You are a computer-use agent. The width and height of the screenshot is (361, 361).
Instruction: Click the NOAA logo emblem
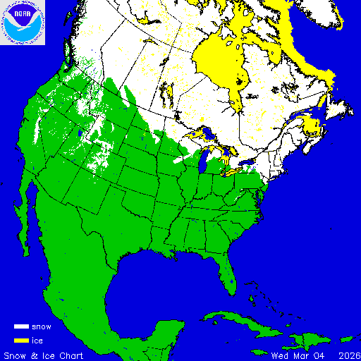pyautogui.click(x=23, y=23)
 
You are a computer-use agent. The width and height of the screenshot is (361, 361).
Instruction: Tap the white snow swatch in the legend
pyautogui.click(x=21, y=327)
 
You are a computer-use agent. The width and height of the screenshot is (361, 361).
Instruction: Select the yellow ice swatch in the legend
pyautogui.click(x=21, y=341)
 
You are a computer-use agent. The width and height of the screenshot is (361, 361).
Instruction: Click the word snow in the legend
pyautogui.click(x=42, y=327)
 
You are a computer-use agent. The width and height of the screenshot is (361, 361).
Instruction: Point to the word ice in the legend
pyautogui.click(x=38, y=341)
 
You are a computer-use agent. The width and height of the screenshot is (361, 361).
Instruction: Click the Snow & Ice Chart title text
pyautogui.click(x=44, y=355)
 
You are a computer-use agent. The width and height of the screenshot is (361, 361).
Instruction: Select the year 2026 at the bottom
pyautogui.click(x=347, y=355)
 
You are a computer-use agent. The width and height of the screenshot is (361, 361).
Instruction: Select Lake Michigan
pyautogui.click(x=203, y=164)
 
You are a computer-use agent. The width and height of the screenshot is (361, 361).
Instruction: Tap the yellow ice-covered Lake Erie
pyautogui.click(x=233, y=171)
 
